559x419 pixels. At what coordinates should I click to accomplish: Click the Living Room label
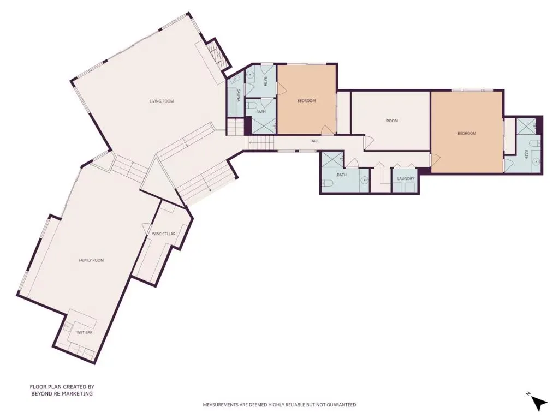click(162, 101)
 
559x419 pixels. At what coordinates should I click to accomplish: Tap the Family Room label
click(91, 260)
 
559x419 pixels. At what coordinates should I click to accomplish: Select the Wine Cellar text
click(164, 234)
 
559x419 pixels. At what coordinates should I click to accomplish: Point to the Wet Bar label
click(85, 332)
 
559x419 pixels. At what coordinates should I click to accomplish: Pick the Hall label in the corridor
click(314, 141)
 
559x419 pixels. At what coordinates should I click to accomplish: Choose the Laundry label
click(406, 178)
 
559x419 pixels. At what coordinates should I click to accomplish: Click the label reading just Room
click(392, 121)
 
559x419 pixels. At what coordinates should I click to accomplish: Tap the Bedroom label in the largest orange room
click(467, 134)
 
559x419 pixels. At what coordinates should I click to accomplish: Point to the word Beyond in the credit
click(40, 394)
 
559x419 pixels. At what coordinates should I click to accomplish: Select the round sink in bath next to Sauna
click(251, 75)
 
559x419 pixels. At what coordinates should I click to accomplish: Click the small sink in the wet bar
click(67, 326)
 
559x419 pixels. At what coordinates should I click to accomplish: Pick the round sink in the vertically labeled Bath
click(536, 161)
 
